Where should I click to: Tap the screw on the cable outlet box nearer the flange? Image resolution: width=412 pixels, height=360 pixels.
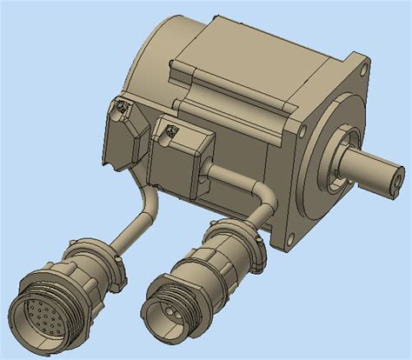tap(171, 131)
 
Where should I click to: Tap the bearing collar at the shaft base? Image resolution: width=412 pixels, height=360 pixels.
tap(339, 161)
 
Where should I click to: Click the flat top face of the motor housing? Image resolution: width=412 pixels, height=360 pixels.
tap(261, 43)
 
